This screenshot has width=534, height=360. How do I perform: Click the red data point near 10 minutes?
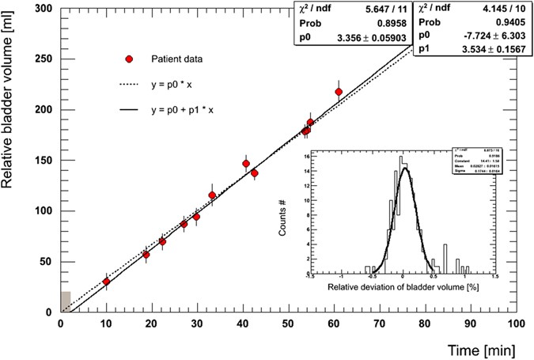pos(106,282)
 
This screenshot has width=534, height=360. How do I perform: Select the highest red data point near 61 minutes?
pos(339,92)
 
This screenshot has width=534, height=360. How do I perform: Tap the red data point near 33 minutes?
pos(212,195)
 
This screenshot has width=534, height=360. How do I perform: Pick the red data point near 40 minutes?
pos(246,164)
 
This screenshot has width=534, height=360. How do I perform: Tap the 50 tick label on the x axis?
pos(289,324)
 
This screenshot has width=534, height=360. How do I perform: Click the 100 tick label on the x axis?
pos(515,324)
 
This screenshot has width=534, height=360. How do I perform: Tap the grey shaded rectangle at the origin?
pos(66,301)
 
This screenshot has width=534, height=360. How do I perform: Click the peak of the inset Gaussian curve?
pos(404,168)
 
